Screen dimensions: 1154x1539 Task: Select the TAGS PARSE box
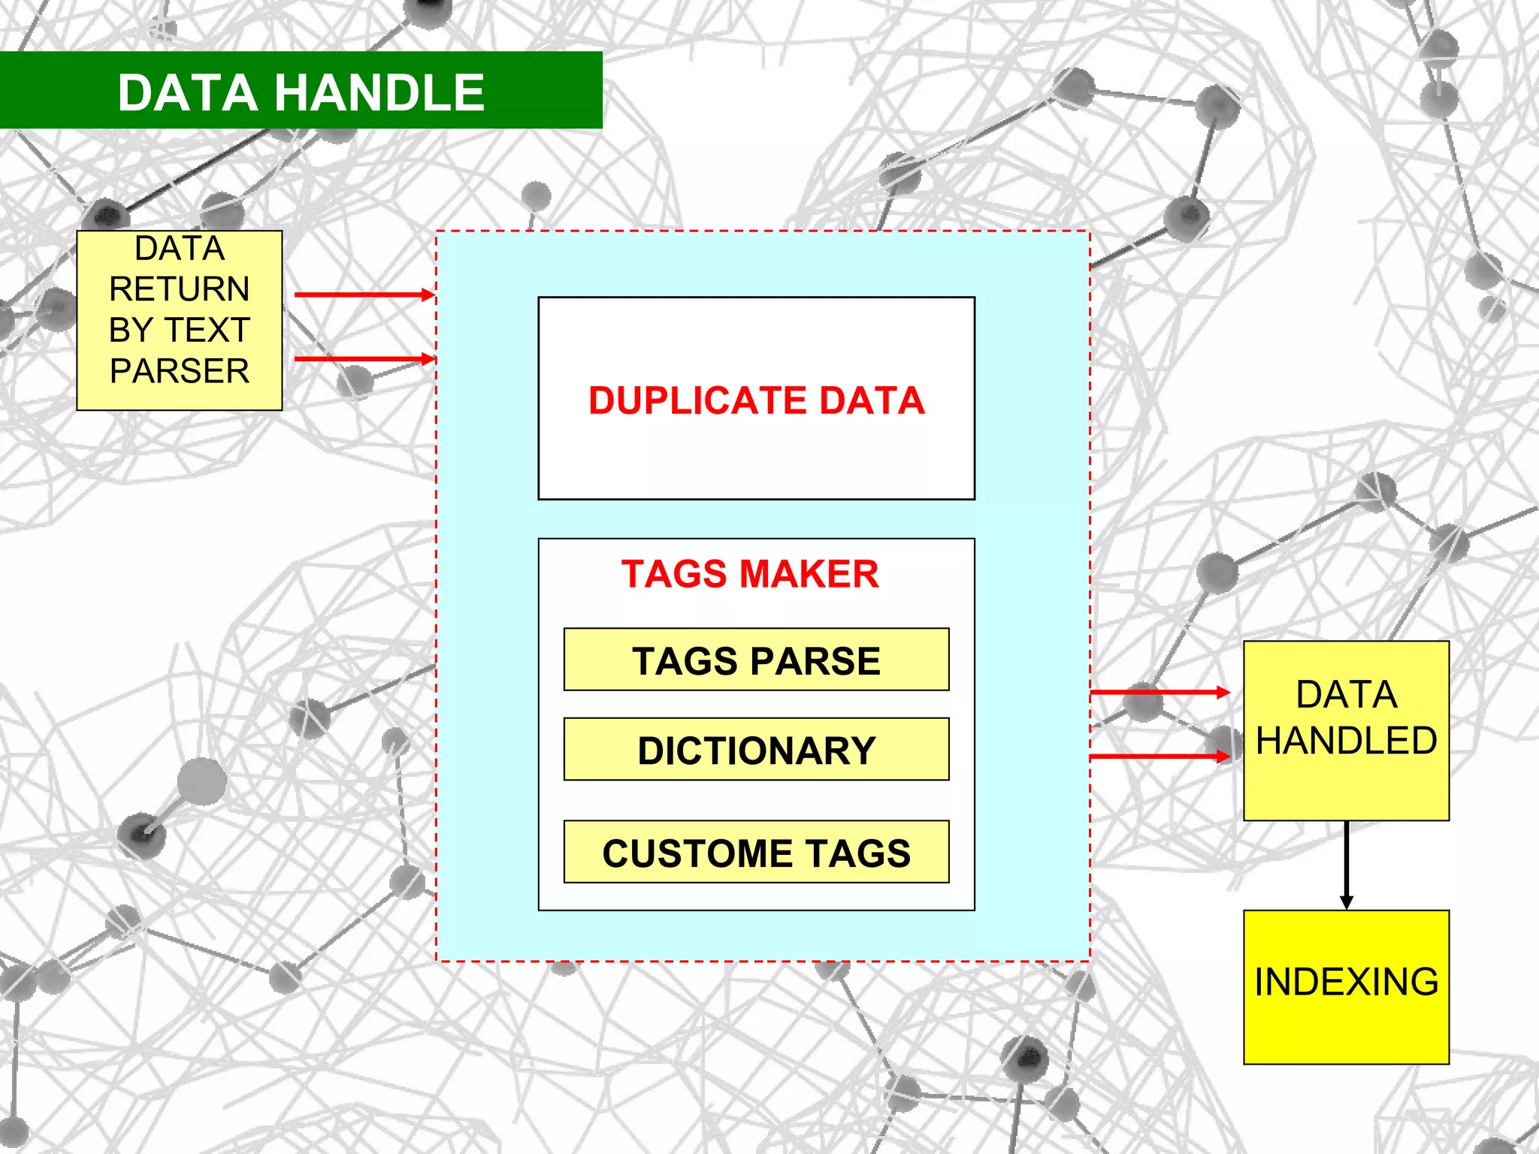756,660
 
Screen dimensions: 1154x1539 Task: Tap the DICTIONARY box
756,750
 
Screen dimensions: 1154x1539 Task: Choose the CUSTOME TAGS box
756,852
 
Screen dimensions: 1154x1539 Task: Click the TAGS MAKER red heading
750,574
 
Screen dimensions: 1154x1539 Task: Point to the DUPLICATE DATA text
756,400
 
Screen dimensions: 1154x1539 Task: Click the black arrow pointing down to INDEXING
1346,864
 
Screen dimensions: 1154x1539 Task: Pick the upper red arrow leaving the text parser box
364,295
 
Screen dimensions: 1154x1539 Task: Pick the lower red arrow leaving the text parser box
364,359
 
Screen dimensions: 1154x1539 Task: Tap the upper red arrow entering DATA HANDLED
1159,692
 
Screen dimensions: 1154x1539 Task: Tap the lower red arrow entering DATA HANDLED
1159,756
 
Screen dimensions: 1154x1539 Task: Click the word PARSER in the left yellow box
180,371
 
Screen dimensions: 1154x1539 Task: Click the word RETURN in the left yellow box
180,289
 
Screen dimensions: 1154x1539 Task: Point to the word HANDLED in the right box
1346,741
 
